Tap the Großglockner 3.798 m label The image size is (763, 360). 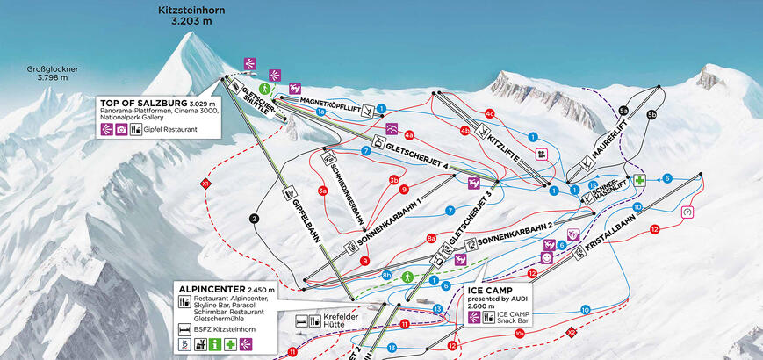point(52,72)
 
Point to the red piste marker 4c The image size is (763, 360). point(491,114)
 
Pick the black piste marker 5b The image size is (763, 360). point(651,113)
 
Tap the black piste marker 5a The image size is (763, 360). point(623,111)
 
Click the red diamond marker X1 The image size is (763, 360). point(206,183)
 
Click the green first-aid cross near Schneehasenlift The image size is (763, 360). point(641,179)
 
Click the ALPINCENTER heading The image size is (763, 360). point(213,289)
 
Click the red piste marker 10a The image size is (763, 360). point(521,334)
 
